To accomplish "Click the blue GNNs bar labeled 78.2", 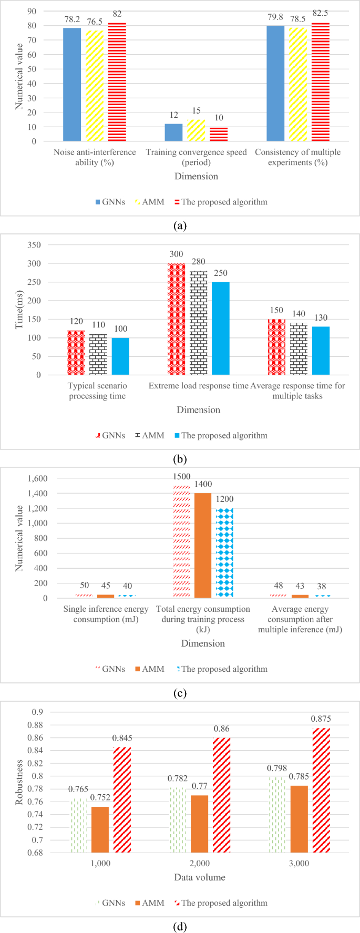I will pos(72,85).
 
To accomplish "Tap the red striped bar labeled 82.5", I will pos(320,82).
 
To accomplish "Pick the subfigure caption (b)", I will pos(180,459).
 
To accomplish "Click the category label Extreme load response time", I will pos(198,386).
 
